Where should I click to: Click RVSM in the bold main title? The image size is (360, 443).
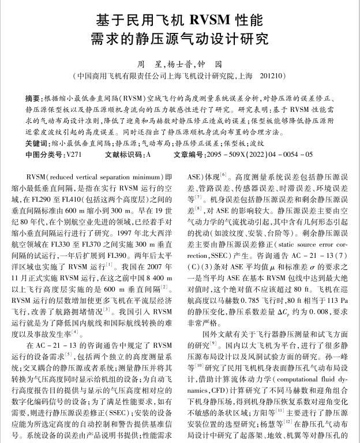[x=208, y=20]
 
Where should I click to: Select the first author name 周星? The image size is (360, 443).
[x=147, y=64]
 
